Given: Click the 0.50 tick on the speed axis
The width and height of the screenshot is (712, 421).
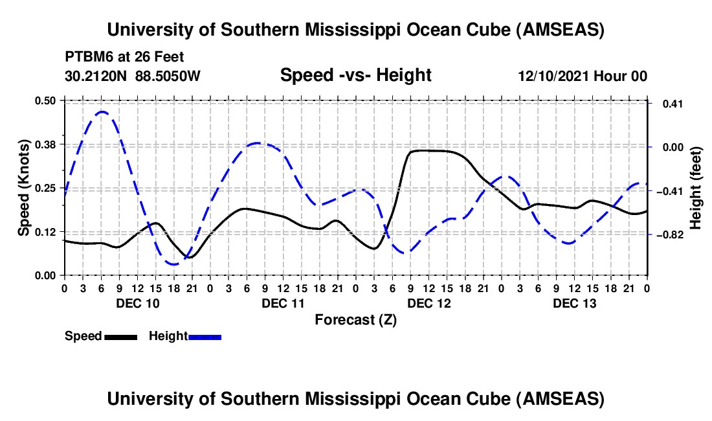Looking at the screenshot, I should point(47,100).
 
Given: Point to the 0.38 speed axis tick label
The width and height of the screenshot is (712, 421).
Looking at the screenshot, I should point(47,144).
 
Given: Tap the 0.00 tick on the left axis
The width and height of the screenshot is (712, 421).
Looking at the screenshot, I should point(47,275).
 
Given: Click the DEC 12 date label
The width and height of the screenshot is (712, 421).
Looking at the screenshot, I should point(428,303).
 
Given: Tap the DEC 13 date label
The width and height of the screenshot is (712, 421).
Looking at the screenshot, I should point(574,303).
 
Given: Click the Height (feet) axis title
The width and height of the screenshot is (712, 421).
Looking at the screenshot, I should point(696,188).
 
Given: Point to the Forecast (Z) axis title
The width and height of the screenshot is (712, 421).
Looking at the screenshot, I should point(355,319).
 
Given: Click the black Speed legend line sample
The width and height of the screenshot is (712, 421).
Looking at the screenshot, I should point(121,336).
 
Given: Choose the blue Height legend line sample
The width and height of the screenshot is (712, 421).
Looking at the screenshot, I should point(205,336).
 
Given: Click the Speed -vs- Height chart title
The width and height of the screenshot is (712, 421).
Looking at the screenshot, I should point(355,75).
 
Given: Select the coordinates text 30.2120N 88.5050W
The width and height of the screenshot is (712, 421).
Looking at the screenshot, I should point(133,76).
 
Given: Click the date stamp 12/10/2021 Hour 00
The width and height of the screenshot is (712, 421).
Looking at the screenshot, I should point(583,76).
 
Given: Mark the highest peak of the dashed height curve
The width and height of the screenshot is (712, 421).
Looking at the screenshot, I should point(102,111).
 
